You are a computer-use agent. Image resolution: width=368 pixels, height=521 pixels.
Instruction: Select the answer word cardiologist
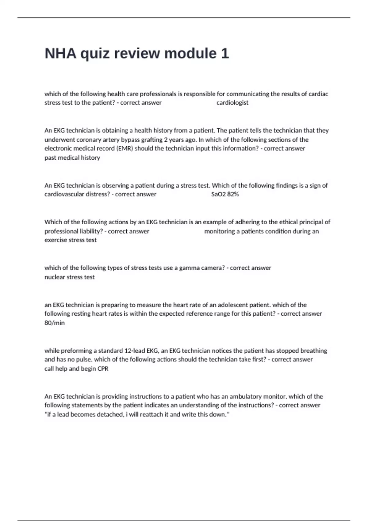tap(232, 103)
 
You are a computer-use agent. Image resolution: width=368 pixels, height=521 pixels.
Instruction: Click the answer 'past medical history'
tap(72, 158)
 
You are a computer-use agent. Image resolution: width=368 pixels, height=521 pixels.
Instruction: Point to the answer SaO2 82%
tap(225, 194)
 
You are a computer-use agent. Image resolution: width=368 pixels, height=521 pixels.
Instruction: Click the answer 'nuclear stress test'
tap(70, 277)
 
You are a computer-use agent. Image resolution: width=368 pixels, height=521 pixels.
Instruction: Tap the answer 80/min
tap(55, 323)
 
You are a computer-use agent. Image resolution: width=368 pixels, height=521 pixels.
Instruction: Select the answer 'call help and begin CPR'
tap(76, 368)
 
